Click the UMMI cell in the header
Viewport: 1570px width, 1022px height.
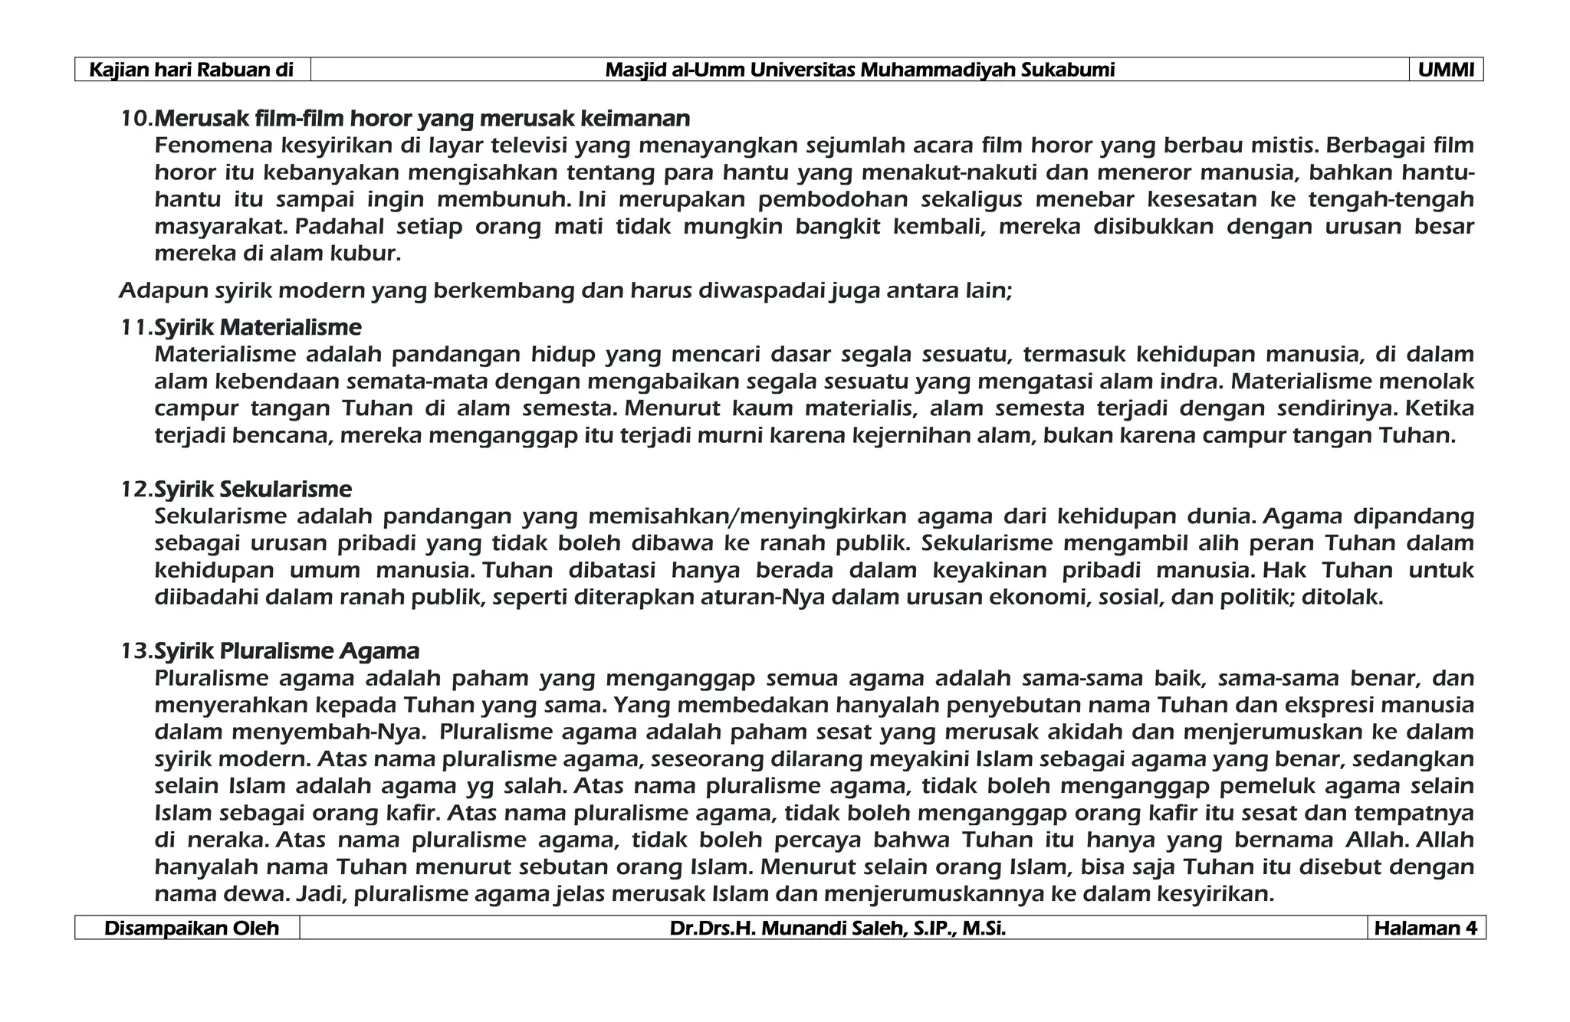click(x=1446, y=70)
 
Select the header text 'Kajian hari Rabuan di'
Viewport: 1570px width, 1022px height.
click(x=192, y=70)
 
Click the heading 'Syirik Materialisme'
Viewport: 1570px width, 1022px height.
click(x=258, y=327)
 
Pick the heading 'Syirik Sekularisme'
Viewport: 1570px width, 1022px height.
click(x=253, y=489)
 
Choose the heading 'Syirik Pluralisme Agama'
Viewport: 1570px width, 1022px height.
click(x=287, y=650)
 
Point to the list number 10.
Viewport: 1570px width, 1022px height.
click(x=136, y=119)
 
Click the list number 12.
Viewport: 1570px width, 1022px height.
click(x=136, y=489)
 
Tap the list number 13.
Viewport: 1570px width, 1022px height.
click(x=136, y=650)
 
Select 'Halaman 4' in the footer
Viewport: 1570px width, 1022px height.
click(x=1425, y=928)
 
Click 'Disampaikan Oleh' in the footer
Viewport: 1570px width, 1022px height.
click(x=191, y=928)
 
